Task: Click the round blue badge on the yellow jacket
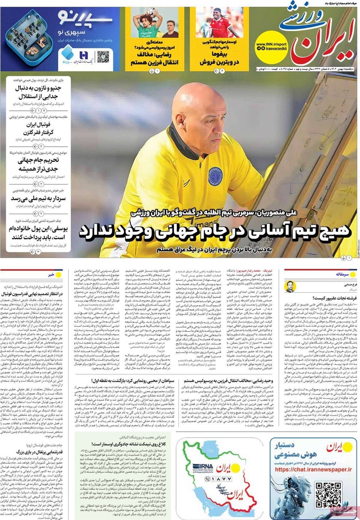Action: pyautogui.click(x=215, y=176)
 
